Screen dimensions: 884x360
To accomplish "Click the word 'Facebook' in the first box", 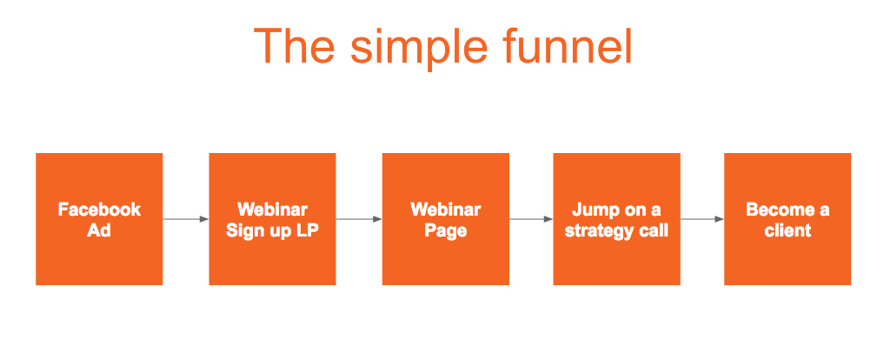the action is [x=99, y=210].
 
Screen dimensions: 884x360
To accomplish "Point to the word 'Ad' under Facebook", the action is [x=99, y=230].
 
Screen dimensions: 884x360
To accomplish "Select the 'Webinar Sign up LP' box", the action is [x=272, y=219].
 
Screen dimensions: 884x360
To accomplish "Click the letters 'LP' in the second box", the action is [x=307, y=230].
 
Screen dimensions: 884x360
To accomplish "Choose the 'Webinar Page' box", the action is [x=445, y=219].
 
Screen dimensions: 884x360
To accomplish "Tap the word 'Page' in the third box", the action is [x=445, y=230].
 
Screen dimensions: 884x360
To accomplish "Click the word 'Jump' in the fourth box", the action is [x=593, y=210].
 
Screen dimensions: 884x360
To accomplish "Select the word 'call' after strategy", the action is [x=655, y=230].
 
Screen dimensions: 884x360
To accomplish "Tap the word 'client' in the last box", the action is [x=788, y=230].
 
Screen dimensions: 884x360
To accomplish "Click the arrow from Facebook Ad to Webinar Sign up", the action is [x=185, y=219].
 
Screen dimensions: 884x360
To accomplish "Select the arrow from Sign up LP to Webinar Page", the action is [x=359, y=219].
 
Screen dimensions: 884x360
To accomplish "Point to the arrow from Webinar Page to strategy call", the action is [x=531, y=219].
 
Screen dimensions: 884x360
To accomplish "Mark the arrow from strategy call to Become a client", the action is [x=702, y=219].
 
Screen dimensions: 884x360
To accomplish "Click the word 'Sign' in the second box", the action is [x=243, y=230].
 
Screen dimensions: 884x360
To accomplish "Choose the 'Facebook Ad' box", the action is [x=99, y=219].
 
